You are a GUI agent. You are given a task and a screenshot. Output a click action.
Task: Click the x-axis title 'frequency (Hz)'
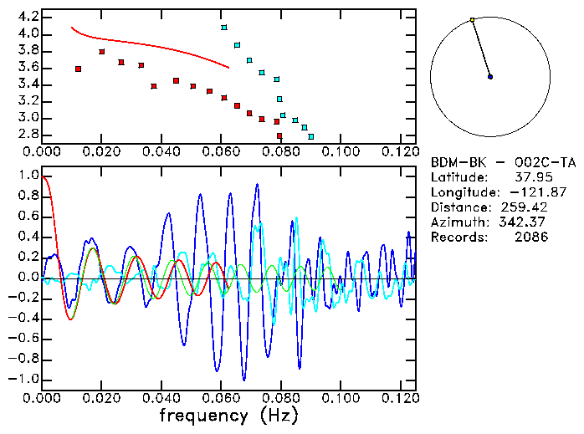coord(228,414)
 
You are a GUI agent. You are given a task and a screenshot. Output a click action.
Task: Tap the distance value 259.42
coord(525,207)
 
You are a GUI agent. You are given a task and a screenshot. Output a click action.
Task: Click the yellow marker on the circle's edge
coord(473,19)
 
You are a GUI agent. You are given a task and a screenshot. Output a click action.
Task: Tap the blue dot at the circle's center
coord(490,76)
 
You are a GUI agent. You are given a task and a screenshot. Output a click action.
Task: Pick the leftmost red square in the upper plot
coord(78,69)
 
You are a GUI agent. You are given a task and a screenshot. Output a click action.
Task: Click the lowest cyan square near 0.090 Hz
coord(311,136)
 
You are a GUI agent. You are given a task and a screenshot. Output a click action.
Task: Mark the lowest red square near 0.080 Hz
coord(279,135)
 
